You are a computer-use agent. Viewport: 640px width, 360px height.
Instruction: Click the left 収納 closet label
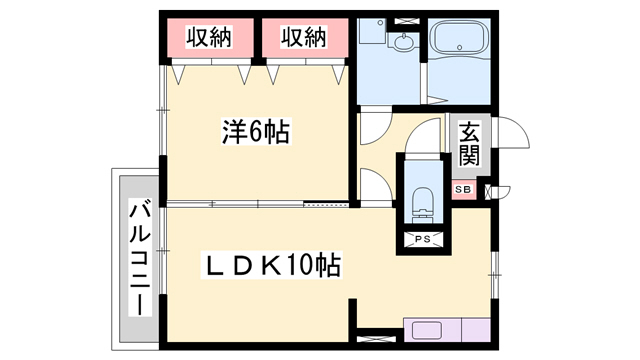[209, 37]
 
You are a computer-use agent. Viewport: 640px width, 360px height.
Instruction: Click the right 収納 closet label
[304, 37]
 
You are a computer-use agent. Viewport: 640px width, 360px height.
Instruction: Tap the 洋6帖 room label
[256, 131]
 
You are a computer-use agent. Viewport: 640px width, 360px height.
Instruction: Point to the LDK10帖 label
[271, 265]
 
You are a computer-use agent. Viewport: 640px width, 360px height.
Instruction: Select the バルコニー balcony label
[140, 258]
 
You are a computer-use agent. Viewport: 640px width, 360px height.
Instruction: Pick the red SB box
[463, 190]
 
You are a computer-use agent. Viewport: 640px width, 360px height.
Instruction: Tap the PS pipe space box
[423, 239]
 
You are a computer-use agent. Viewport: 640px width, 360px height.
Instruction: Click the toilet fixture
[422, 205]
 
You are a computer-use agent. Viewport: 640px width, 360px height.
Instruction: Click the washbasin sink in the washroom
[405, 41]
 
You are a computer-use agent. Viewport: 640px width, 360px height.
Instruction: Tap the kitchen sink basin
[427, 330]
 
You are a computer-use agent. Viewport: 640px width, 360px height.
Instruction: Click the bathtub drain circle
[460, 47]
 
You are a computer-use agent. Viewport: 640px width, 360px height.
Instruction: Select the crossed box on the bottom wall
[376, 339]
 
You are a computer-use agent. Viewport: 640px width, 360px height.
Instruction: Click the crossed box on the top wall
[405, 21]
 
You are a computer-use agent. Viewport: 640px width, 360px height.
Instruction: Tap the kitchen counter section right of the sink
[476, 330]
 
